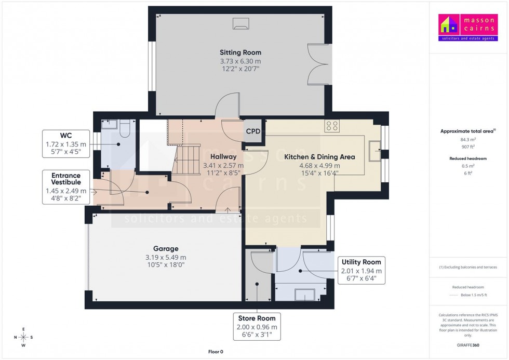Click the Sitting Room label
pyautogui.click(x=240, y=52)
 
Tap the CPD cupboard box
pyautogui.click(x=253, y=131)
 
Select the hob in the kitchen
pyautogui.click(x=331, y=126)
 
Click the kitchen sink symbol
pyautogui.click(x=374, y=150)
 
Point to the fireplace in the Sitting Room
pyautogui.click(x=240, y=22)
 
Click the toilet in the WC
pyautogui.click(x=124, y=128)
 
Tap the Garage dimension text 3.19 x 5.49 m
pyautogui.click(x=166, y=257)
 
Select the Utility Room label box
pyautogui.click(x=361, y=270)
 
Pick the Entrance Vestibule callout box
pyautogui.click(x=66, y=186)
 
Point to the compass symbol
pyautogui.click(x=23, y=337)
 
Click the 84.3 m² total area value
pyautogui.click(x=468, y=139)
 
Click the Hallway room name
pyautogui.click(x=223, y=156)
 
